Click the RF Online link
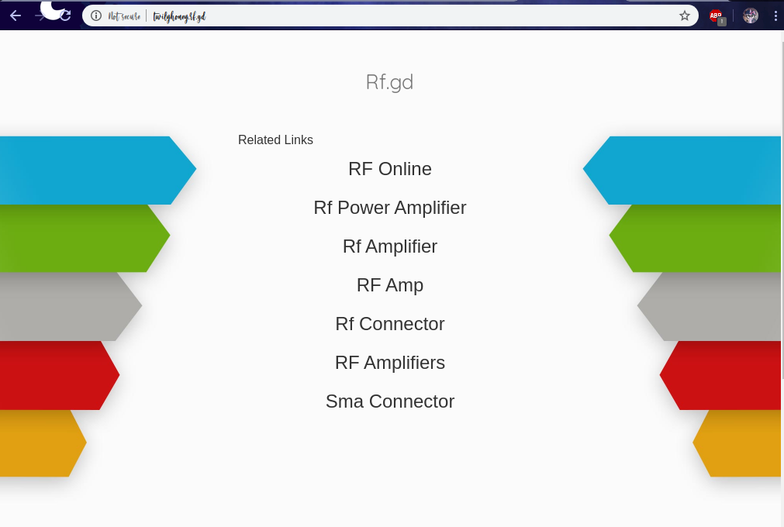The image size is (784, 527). coord(389,169)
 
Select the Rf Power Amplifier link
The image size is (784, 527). coord(389,208)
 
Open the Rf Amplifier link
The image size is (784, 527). coord(389,246)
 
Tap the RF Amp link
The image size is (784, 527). coord(389,285)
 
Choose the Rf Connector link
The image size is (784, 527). coord(389,324)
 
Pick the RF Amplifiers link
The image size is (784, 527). coord(389,363)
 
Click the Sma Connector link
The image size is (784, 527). coord(389,401)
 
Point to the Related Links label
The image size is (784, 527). coord(275,140)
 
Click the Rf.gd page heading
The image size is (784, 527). coord(389,82)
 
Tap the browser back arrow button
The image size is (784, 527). coord(16,15)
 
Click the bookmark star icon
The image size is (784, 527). coord(685,15)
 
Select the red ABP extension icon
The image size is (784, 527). coord(716,15)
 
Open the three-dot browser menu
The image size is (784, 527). coord(775,15)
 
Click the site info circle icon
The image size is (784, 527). coord(96,15)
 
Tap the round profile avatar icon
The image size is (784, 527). coord(750,15)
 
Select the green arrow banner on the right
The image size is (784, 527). coord(698,238)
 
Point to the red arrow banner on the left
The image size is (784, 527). coord(54,375)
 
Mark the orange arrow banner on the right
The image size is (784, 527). coord(741,443)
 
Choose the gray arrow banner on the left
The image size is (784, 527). coord(66,306)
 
